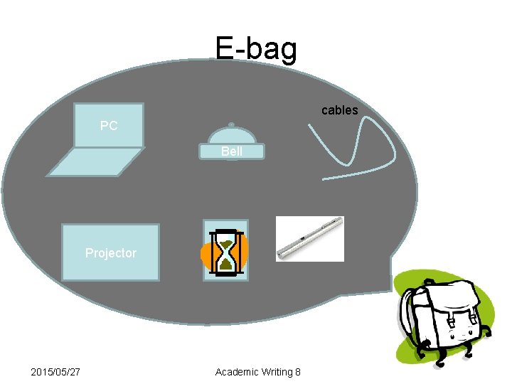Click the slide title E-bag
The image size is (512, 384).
256,48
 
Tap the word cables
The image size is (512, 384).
339,110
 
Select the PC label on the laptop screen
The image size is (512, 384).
109,126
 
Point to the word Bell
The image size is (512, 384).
232,151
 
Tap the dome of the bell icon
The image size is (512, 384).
231,136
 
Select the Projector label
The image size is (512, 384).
110,252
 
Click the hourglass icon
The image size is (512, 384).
226,252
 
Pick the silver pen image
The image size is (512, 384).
309,238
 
